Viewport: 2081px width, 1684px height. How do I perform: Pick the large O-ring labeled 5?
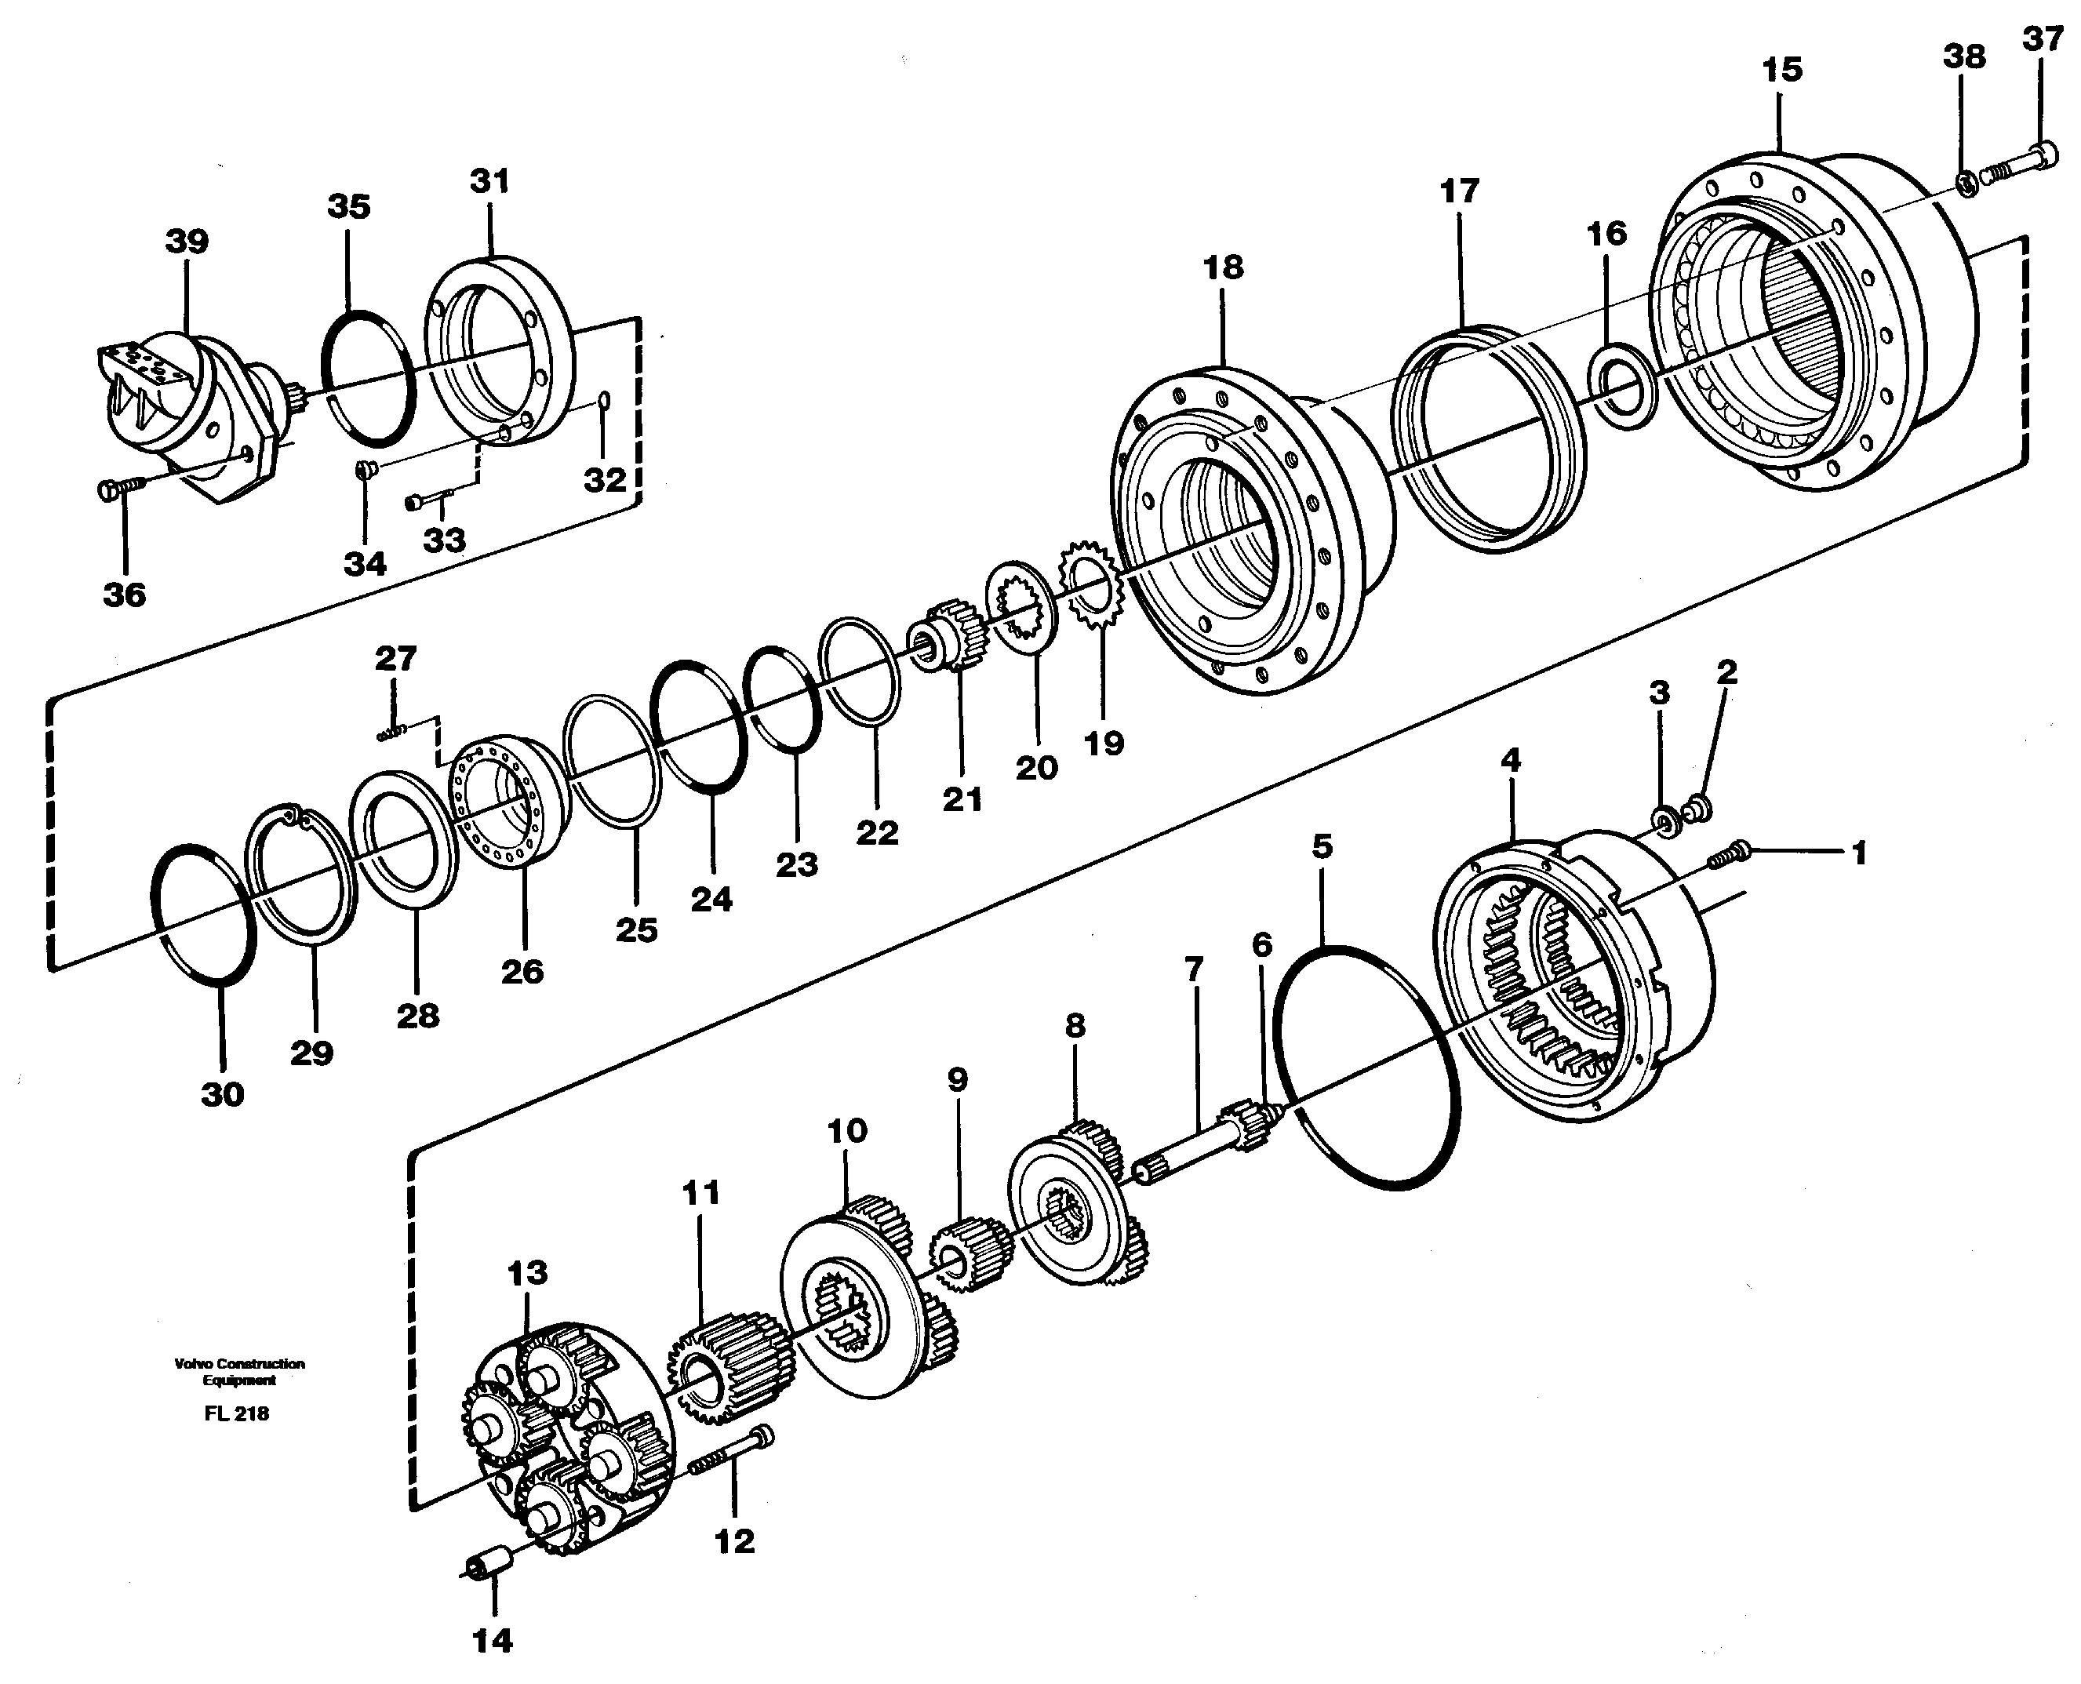1368,1066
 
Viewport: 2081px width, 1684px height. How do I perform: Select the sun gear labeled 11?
729,1368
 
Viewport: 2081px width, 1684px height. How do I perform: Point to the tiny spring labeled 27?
391,734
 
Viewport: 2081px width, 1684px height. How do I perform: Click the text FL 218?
237,1413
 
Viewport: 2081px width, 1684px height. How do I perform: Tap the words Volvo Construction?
239,1363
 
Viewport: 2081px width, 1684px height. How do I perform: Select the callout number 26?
522,971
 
